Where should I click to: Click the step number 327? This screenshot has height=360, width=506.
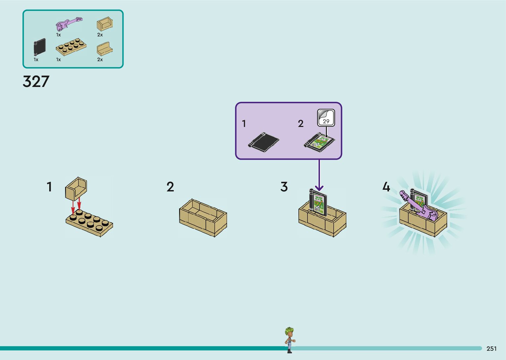[36, 81]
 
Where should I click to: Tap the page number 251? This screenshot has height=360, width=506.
[491, 348]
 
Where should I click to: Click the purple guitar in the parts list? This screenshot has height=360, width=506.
[69, 24]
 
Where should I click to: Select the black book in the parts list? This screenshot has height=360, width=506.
[39, 47]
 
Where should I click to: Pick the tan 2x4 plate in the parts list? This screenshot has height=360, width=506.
[71, 47]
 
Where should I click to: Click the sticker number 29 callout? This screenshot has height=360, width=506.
[326, 118]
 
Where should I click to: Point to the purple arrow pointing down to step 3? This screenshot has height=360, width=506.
[319, 175]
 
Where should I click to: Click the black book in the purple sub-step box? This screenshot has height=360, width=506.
[263, 142]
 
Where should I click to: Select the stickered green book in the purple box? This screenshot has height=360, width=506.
[319, 142]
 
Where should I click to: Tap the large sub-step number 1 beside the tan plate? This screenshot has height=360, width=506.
[49, 187]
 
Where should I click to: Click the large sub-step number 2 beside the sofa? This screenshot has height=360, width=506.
[170, 187]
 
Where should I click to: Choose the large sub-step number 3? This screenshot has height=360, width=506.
[284, 187]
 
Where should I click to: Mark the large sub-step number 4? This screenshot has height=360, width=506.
[386, 187]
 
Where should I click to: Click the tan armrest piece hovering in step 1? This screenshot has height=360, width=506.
[76, 188]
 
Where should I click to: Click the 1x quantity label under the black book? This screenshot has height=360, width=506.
[36, 60]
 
